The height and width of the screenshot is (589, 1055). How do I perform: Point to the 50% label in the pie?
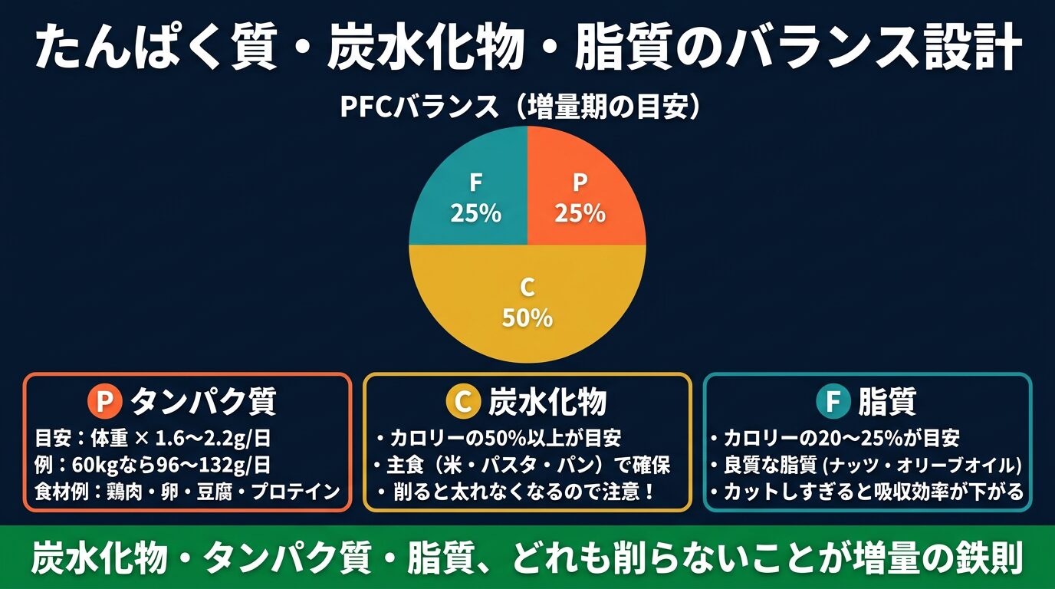tap(527, 317)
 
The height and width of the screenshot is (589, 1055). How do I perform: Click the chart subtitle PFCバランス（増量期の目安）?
tap(522, 107)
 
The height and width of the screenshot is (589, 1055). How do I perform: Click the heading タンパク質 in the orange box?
tap(203, 400)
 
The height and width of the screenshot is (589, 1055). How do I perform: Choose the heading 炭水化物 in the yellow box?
tap(547, 400)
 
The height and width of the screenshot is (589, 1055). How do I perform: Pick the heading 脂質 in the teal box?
tap(887, 400)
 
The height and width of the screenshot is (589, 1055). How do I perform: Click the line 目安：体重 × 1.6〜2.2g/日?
tap(153, 439)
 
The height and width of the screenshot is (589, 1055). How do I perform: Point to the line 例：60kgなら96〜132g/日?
tap(153, 465)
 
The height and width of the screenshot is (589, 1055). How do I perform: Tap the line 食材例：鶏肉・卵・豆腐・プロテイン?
tap(188, 491)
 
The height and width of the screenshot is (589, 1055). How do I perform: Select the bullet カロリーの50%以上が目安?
tap(499, 439)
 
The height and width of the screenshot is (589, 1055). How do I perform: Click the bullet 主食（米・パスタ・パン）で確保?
tap(523, 465)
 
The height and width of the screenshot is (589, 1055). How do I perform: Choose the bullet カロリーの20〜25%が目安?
tap(836, 439)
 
